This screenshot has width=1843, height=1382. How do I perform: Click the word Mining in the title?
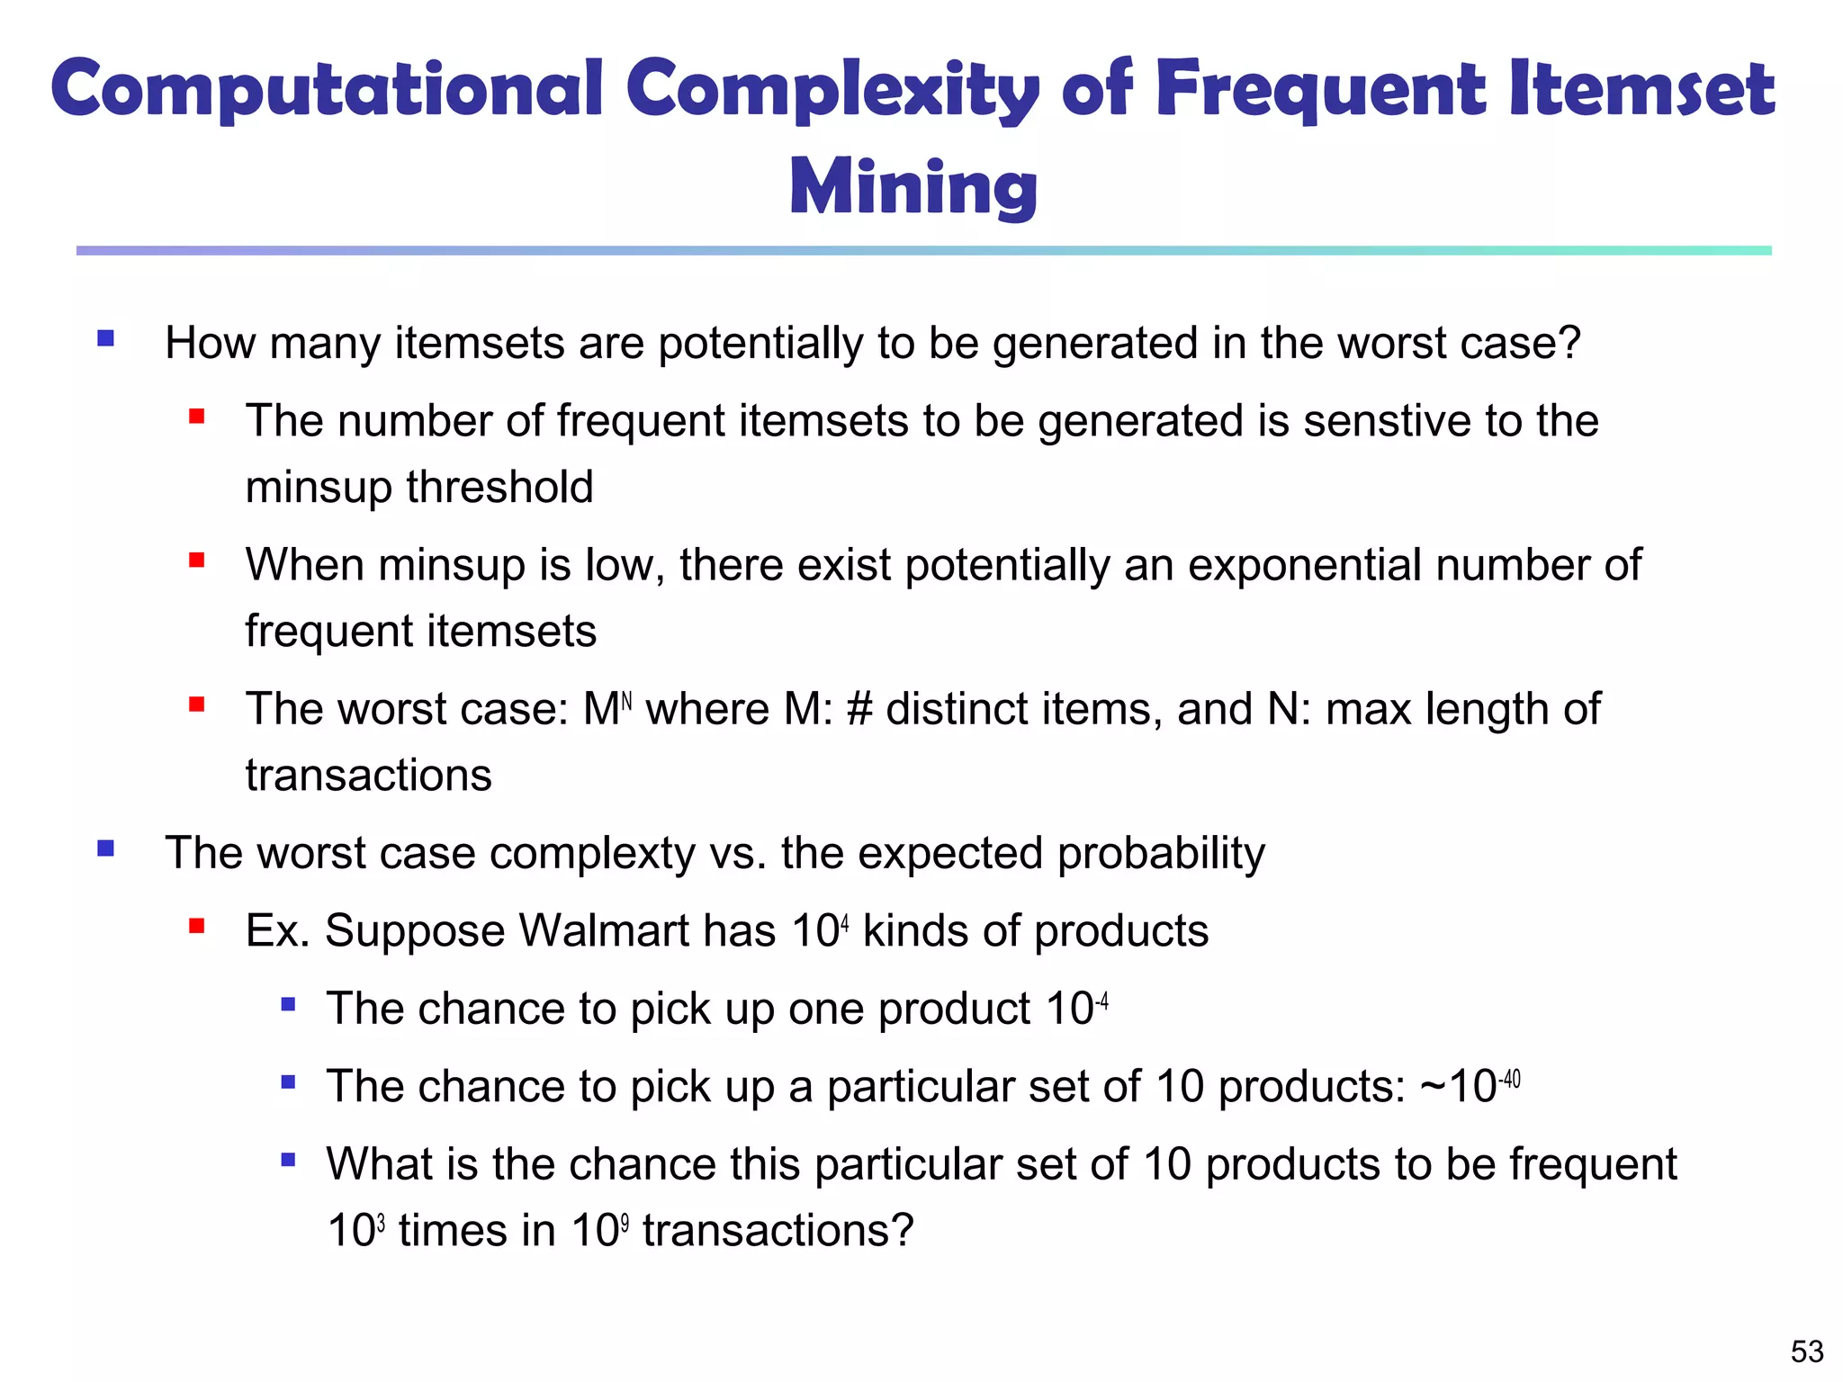(913, 187)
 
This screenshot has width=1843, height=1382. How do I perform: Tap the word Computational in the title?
(326, 90)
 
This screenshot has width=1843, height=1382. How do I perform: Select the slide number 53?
(1807, 1351)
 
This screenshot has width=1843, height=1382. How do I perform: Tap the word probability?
(1161, 853)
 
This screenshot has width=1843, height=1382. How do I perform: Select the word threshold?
(499, 487)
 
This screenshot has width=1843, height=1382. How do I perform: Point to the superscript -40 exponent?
(1509, 1078)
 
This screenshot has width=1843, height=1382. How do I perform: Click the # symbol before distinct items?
(859, 709)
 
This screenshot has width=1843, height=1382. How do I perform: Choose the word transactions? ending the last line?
(778, 1230)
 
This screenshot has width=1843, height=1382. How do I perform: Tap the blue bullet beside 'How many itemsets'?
(106, 338)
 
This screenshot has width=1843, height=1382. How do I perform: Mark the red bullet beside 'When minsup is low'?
(197, 561)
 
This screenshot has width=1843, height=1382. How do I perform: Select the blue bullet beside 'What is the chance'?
(288, 1160)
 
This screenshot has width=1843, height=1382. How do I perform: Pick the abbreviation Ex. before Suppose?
(278, 930)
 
